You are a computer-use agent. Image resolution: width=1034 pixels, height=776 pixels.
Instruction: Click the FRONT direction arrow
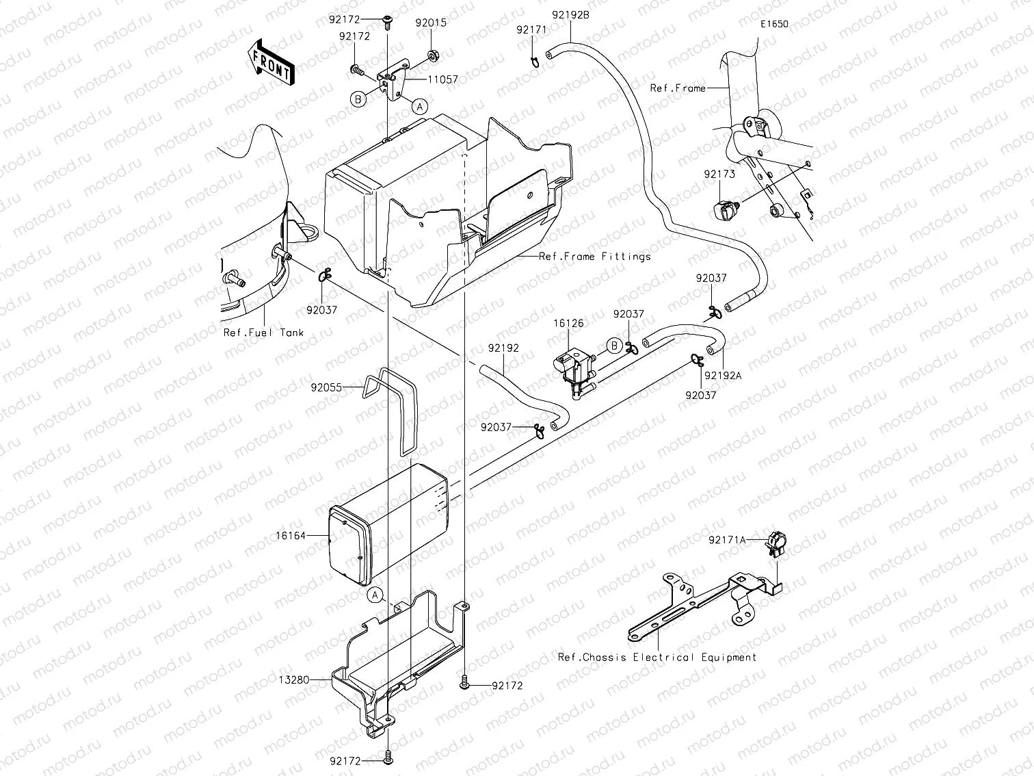click(x=271, y=62)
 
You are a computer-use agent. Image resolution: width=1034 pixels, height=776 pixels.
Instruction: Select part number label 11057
click(x=443, y=80)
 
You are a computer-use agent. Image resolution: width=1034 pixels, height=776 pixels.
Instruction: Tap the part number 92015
click(x=431, y=23)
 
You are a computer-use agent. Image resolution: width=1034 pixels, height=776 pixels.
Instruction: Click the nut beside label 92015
click(x=433, y=53)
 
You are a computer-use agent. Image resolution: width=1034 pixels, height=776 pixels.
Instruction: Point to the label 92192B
click(x=570, y=13)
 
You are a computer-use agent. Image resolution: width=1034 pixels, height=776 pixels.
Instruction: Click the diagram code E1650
click(x=773, y=24)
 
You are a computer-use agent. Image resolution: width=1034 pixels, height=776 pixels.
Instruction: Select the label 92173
click(x=719, y=174)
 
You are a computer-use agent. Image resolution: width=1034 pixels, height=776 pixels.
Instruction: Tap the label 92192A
click(x=724, y=375)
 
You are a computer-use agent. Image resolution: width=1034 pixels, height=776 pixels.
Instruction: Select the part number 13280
click(x=294, y=680)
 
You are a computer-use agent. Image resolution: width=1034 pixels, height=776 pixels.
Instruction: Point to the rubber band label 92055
click(x=326, y=387)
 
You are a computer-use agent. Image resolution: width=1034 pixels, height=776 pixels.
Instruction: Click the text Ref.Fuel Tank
click(x=263, y=333)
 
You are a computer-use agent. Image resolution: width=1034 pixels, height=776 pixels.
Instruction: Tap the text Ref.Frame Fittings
click(x=595, y=257)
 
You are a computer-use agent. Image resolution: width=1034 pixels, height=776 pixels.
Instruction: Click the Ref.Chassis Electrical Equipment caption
click(x=657, y=657)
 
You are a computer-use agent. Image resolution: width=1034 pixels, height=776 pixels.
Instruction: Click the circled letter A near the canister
click(x=375, y=595)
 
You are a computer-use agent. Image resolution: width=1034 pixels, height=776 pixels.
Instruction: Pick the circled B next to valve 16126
click(x=614, y=346)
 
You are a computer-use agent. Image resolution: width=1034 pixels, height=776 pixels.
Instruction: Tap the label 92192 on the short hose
click(x=503, y=348)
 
